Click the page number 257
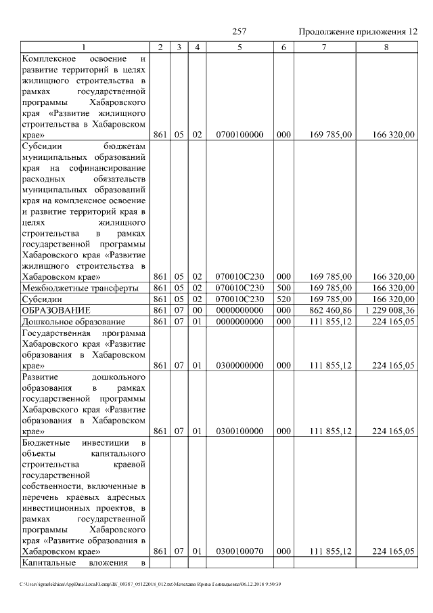point(239,32)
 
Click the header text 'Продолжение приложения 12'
point(358,32)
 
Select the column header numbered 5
point(240,47)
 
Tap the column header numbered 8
point(386,47)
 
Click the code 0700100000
point(240,135)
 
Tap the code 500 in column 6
point(283,288)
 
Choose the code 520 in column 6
point(283,299)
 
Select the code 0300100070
point(240,552)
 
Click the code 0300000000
point(240,365)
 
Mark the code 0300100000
point(240,430)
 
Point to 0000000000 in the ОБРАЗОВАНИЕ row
point(240,310)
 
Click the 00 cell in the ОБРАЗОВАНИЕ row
point(197,310)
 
